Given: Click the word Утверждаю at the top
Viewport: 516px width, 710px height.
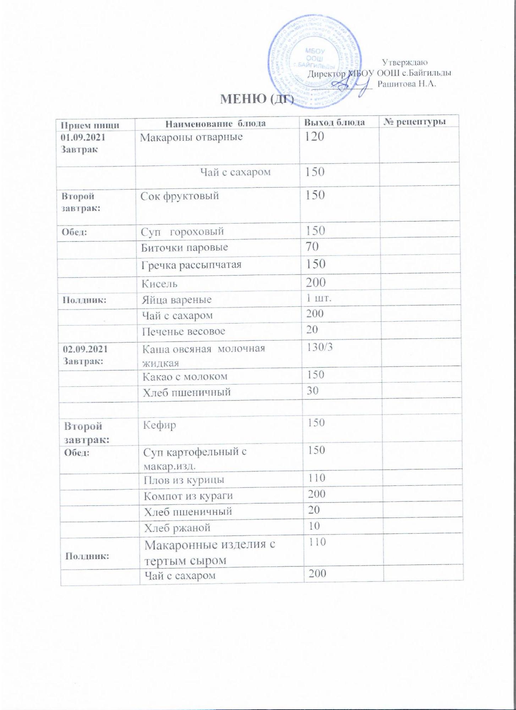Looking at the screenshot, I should (405, 62).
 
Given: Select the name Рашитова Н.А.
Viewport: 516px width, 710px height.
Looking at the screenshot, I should (407, 84).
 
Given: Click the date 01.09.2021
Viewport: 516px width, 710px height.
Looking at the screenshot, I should (83, 137).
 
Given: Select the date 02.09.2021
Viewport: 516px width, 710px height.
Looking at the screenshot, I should (85, 349).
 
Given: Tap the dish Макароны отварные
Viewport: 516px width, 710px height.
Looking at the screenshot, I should (191, 137).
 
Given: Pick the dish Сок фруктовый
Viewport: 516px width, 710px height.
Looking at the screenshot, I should (180, 196).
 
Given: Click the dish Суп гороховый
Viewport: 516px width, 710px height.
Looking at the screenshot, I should (182, 231).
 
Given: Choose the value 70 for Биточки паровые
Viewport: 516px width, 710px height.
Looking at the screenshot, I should (312, 246).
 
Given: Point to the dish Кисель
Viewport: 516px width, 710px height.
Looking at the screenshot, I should (159, 284).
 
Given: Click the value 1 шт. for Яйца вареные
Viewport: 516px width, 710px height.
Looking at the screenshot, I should (319, 298).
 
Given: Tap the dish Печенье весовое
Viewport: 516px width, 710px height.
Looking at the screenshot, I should (183, 331).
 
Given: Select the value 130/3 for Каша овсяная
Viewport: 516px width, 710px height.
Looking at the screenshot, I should (320, 347).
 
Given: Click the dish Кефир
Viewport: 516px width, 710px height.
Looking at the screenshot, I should (159, 425).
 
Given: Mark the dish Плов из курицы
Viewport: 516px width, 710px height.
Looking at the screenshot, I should (184, 480).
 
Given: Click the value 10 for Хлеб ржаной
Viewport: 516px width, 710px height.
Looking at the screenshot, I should (314, 526).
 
